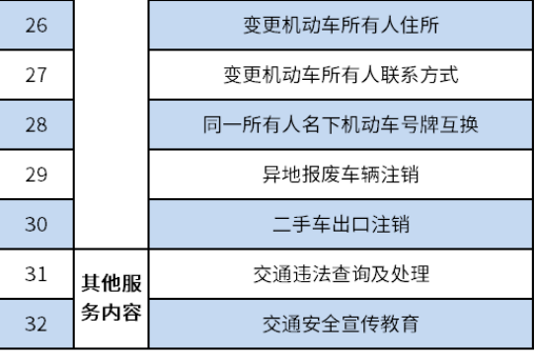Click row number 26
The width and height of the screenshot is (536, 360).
pos(37,25)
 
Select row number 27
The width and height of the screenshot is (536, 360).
pos(37,75)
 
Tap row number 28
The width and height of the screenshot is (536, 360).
pos(37,125)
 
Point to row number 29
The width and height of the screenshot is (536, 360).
pos(37,176)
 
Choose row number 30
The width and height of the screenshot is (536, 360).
pos(37,225)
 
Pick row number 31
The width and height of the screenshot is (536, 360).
pos(37,274)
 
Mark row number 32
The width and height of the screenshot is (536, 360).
pos(37,323)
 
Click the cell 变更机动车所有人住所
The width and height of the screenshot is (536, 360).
pos(341,25)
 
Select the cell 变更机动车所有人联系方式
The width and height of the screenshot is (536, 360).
pos(341,75)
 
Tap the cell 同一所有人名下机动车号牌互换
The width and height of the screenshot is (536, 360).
pos(341,125)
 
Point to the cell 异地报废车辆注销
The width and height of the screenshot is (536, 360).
pos(341,176)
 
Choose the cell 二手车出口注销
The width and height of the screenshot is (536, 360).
pos(341,225)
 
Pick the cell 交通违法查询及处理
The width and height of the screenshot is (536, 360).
pos(341,274)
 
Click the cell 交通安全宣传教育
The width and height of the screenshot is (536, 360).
pos(341,323)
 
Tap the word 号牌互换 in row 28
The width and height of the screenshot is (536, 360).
pos(448,125)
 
